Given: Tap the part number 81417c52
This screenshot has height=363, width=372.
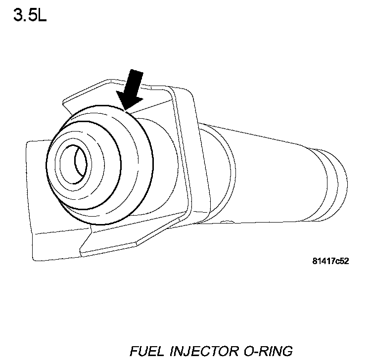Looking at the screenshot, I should point(330,262).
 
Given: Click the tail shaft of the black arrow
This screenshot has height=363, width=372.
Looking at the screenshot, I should point(135,84).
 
